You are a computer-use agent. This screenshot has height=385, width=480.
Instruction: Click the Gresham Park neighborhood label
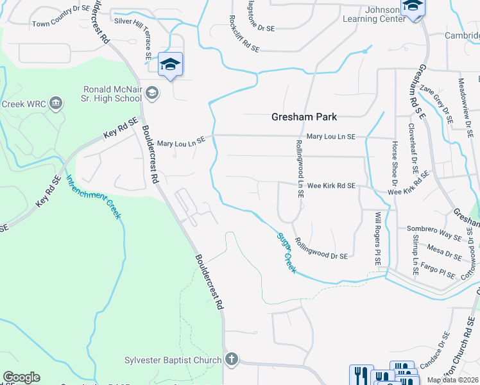(304, 117)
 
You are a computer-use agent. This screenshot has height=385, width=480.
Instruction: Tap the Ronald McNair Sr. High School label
(112, 94)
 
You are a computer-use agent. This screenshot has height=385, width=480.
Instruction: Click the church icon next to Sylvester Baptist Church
(232, 360)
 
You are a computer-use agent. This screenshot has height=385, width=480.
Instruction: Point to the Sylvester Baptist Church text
(173, 360)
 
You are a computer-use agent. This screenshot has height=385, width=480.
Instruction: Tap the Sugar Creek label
(286, 253)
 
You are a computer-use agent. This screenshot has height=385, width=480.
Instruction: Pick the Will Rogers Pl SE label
(379, 239)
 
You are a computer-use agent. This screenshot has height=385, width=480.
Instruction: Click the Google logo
(21, 377)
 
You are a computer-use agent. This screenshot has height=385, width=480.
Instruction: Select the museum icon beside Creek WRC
(56, 103)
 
